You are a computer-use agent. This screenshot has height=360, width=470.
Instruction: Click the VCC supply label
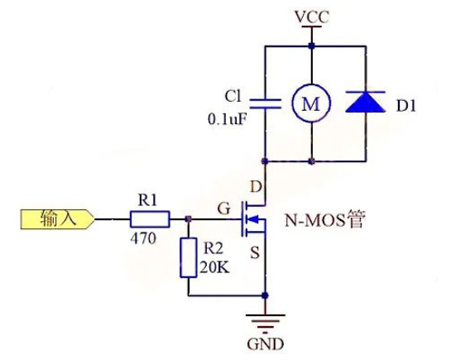tap(312, 17)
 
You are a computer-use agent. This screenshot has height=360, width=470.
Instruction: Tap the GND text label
tap(266, 344)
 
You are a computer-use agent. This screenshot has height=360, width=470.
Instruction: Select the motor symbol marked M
tap(311, 103)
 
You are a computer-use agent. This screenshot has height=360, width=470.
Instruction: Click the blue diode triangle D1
tap(366, 102)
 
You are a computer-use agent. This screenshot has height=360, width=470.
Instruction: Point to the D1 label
tap(406, 106)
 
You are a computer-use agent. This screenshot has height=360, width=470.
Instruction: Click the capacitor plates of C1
tap(266, 103)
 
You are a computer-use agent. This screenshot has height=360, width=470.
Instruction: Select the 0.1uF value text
tap(228, 120)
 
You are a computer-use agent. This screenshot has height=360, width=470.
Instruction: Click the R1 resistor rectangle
tap(150, 219)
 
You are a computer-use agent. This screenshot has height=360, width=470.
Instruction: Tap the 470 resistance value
tap(143, 239)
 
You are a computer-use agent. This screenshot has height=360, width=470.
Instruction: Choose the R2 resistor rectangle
tap(189, 257)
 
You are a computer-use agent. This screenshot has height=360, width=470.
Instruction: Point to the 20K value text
tap(214, 267)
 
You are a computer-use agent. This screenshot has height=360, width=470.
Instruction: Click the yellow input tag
tap(58, 219)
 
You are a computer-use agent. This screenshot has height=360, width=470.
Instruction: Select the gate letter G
tap(224, 209)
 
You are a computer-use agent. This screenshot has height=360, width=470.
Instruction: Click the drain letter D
tap(256, 187)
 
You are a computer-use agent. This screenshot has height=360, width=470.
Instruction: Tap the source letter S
tap(255, 252)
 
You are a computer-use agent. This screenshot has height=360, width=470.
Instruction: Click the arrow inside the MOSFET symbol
tap(253, 219)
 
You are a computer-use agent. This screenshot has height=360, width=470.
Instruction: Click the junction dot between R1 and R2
tap(188, 219)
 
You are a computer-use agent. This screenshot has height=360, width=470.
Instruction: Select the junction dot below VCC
tap(312, 46)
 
